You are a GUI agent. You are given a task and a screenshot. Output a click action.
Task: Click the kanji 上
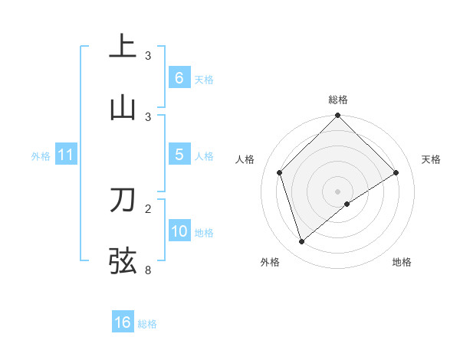[123, 46]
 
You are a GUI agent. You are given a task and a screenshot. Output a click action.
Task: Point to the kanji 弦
[123, 260]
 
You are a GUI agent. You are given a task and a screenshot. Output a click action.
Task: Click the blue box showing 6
[179, 77]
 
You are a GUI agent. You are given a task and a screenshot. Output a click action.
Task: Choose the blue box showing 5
[179, 155]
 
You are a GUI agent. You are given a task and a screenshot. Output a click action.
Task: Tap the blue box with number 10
[179, 231]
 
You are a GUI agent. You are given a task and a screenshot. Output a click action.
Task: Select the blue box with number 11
[65, 155]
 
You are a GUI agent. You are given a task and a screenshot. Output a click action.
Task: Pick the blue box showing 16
[123, 322]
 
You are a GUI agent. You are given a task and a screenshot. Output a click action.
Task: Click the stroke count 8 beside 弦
[148, 270]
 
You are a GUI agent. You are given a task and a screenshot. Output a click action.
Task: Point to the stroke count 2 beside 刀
[148, 208]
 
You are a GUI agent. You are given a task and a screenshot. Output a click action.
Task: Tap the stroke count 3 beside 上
[148, 55]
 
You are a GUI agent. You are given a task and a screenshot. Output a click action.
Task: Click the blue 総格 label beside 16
[147, 324]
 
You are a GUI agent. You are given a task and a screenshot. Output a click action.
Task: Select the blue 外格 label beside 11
[41, 156]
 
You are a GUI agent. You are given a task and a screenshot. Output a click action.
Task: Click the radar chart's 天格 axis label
[431, 159]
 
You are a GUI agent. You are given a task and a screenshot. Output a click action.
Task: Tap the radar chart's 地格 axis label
[402, 262]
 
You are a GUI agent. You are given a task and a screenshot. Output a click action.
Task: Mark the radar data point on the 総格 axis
[337, 116]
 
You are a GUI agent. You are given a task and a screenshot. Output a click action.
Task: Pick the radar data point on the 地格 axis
[347, 204]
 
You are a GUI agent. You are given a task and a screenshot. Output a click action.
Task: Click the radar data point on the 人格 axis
[280, 172]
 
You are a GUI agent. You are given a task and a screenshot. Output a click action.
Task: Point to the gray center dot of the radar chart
[337, 191]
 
